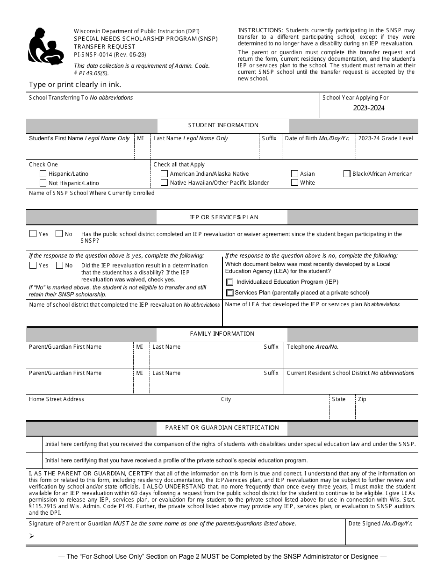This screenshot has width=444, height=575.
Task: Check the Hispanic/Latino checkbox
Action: coord(43,174)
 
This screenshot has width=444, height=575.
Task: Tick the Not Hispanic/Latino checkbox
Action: coord(43,183)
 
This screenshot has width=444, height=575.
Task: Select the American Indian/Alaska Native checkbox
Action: coord(164,173)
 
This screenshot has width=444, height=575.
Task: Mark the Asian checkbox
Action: coord(294,173)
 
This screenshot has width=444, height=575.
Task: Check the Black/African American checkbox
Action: coord(347,173)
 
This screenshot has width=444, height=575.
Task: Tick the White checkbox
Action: coord(294,183)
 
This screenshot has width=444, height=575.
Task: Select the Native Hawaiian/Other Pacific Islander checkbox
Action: coord(164,183)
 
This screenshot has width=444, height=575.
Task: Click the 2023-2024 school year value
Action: coord(369,108)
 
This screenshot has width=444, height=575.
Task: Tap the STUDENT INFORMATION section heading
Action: coord(223,125)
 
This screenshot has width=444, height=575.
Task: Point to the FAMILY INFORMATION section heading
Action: coord(222,334)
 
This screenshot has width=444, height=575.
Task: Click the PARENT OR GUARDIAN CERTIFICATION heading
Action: coord(222,428)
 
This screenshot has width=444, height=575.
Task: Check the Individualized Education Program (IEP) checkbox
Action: coord(229,282)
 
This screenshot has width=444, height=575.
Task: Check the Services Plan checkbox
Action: coord(229,293)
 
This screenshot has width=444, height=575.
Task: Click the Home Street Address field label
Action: coord(57,399)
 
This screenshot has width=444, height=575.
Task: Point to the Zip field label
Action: coord(362,399)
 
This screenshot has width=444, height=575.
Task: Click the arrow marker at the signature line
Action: coord(32,536)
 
